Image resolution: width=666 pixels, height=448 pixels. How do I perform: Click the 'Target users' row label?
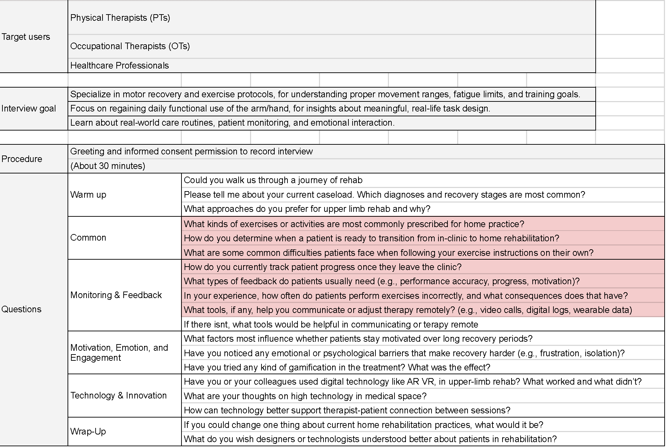[x=26, y=37]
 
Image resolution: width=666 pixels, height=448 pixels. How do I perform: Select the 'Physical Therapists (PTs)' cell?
[x=120, y=18]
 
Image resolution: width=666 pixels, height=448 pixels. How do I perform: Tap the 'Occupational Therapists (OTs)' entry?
[x=130, y=46]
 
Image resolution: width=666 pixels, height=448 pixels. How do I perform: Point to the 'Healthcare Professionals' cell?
[x=119, y=65]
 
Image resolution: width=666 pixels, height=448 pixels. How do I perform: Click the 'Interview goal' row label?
[x=28, y=109]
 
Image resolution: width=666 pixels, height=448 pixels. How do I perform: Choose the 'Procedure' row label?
[x=22, y=159]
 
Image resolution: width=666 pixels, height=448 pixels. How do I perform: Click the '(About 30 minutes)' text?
[x=107, y=166]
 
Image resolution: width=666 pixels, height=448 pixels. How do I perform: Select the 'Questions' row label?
[x=21, y=309]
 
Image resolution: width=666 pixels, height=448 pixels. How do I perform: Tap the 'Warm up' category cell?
[x=88, y=195]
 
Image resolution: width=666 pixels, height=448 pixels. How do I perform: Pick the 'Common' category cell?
[x=88, y=238]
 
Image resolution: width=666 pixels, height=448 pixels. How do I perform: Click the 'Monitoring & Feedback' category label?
[x=116, y=295]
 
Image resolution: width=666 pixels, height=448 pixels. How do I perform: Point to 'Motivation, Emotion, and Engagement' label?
[x=119, y=352]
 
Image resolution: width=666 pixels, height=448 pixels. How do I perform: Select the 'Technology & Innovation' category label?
[x=118, y=395]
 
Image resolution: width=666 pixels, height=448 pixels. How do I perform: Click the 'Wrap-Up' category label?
[x=88, y=431]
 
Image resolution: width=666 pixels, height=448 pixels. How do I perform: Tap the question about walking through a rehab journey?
[x=273, y=180]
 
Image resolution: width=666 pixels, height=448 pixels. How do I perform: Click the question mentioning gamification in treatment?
[x=337, y=367]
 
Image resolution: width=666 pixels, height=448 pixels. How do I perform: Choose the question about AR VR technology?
[x=412, y=382]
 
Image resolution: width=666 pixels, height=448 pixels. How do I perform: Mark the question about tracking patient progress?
[x=322, y=267]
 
